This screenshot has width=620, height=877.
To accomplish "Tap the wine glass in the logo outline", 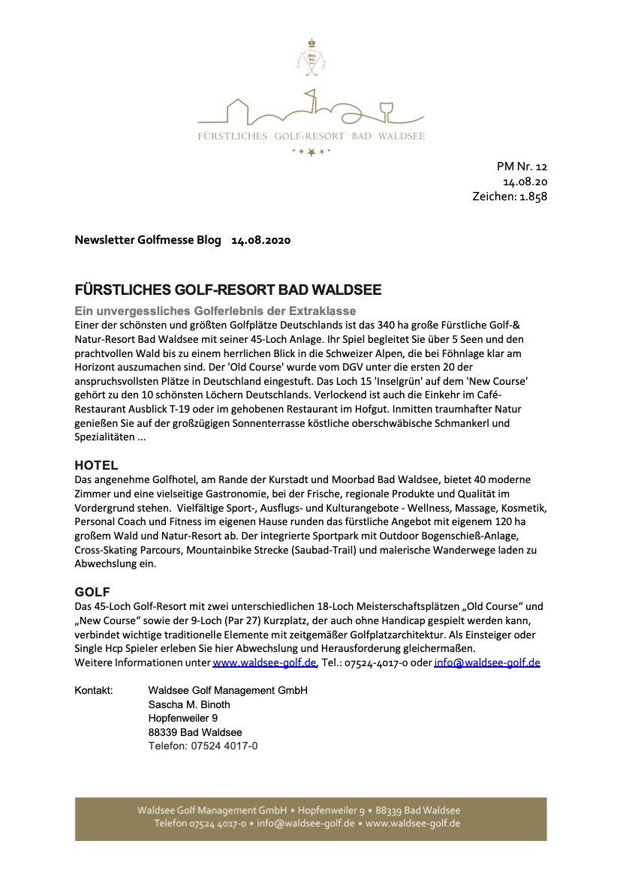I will pyautogui.click(x=387, y=111).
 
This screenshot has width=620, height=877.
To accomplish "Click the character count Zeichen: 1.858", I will pyautogui.click(x=510, y=197).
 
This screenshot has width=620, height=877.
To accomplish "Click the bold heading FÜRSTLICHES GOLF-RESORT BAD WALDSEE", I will pyautogui.click(x=228, y=290).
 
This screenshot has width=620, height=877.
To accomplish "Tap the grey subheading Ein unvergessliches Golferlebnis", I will pyautogui.click(x=215, y=311).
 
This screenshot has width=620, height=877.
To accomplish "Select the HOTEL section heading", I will pyautogui.click(x=96, y=465).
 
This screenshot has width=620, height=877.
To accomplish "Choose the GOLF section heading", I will pyautogui.click(x=92, y=592).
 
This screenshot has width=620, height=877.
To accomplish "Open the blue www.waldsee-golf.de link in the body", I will pyautogui.click(x=265, y=662).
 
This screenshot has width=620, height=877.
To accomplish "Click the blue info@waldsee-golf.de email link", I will pyautogui.click(x=486, y=662).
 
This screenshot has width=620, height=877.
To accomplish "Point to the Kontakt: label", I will pyautogui.click(x=94, y=690).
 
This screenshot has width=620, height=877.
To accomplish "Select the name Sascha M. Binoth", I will pyautogui.click(x=189, y=704).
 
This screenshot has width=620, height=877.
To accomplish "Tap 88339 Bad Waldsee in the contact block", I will pyautogui.click(x=195, y=732).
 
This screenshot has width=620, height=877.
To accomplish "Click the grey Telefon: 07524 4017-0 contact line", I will pyautogui.click(x=203, y=746).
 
